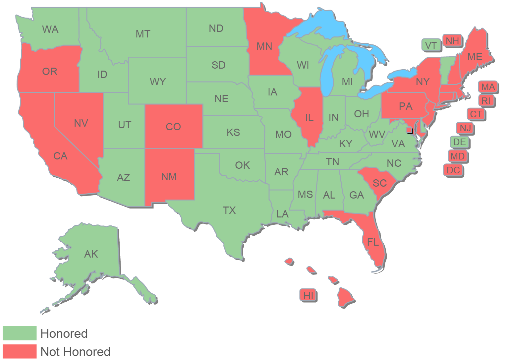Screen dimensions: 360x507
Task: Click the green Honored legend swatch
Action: point(20,333)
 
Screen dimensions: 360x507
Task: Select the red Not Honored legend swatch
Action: point(20,351)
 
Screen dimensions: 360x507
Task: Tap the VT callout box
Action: point(431,45)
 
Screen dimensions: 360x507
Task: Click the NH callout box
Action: point(452,41)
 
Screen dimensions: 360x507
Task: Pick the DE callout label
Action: point(460,142)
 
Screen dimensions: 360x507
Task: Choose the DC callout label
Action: point(453,170)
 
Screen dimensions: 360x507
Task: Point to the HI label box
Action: point(308,295)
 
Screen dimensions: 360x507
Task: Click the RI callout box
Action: point(486,101)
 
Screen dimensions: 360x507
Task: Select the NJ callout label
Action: point(465,128)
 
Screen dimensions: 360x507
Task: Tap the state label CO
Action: point(173,127)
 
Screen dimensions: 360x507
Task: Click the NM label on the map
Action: point(169,177)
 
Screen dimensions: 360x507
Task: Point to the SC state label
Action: point(380,183)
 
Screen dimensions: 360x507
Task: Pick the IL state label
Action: point(309,117)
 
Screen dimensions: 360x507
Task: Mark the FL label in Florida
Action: point(373,242)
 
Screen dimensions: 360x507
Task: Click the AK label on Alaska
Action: point(91,254)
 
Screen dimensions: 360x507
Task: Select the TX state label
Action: point(229,210)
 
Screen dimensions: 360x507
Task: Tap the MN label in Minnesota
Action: point(264,46)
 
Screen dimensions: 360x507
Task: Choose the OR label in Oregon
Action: point(50,71)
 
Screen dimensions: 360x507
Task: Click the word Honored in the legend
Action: point(64,333)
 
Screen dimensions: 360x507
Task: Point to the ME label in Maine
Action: point(475,57)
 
